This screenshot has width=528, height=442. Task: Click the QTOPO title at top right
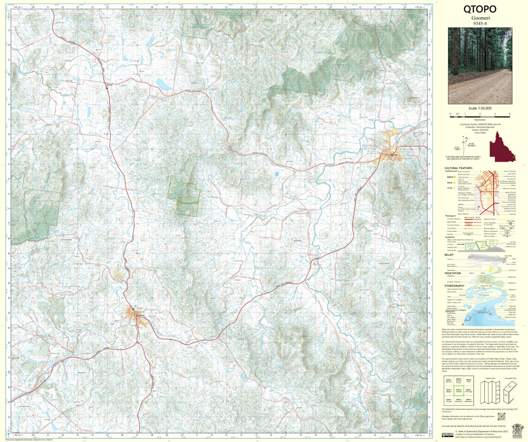(479, 9)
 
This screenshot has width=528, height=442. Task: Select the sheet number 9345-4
(479, 23)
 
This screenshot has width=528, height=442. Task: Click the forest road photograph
(480, 65)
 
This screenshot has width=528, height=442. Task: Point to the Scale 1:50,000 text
(480, 108)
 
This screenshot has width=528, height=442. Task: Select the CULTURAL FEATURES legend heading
(458, 168)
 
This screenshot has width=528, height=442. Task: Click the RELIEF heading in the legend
(449, 255)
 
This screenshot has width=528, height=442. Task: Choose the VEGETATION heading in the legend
(453, 273)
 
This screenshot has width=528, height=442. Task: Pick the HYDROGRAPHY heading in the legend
(455, 286)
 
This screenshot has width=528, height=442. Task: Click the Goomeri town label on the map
(140, 315)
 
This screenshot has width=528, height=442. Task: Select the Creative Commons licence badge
(447, 435)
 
